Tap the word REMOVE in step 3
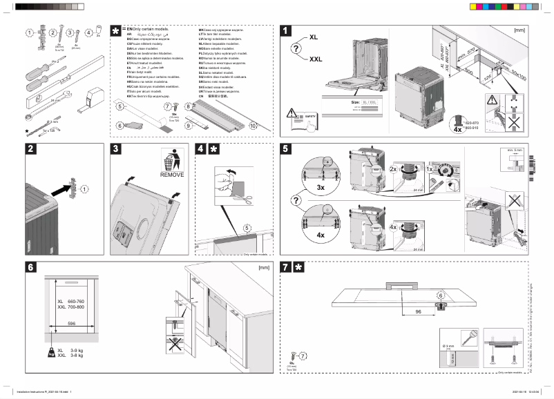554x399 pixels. pyautogui.click(x=172, y=175)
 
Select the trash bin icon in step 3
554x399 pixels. pyautogui.click(x=172, y=159)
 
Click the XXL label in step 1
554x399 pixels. pyautogui.click(x=316, y=60)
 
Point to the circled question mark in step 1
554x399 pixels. pyautogui.click(x=296, y=48)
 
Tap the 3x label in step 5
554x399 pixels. pyautogui.click(x=321, y=188)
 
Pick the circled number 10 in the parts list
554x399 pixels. pyautogui.click(x=253, y=126)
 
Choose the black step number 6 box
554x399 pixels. pyautogui.click(x=31, y=268)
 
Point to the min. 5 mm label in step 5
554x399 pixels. pyautogui.click(x=515, y=150)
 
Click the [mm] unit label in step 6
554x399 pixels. pyautogui.click(x=262, y=266)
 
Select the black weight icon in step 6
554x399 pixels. pyautogui.click(x=51, y=353)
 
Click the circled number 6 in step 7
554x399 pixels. pyautogui.click(x=439, y=295)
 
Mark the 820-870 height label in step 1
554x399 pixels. pyautogui.click(x=472, y=121)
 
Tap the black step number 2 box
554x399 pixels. pyautogui.click(x=31, y=148)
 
